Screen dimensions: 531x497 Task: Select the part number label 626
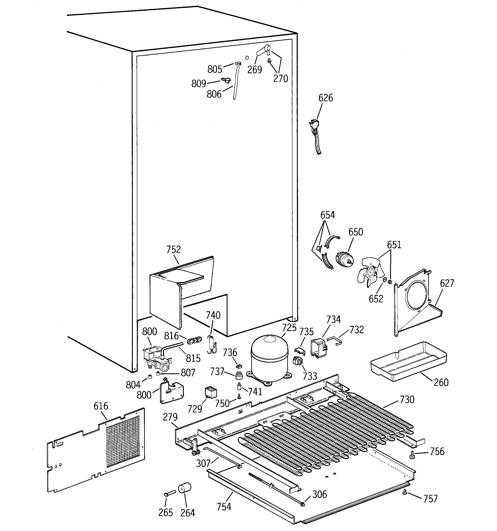coord(325,98)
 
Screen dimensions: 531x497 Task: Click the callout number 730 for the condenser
coord(407,399)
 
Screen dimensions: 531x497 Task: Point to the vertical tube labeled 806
coord(236,83)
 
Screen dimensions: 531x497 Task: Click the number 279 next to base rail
coord(170,417)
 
